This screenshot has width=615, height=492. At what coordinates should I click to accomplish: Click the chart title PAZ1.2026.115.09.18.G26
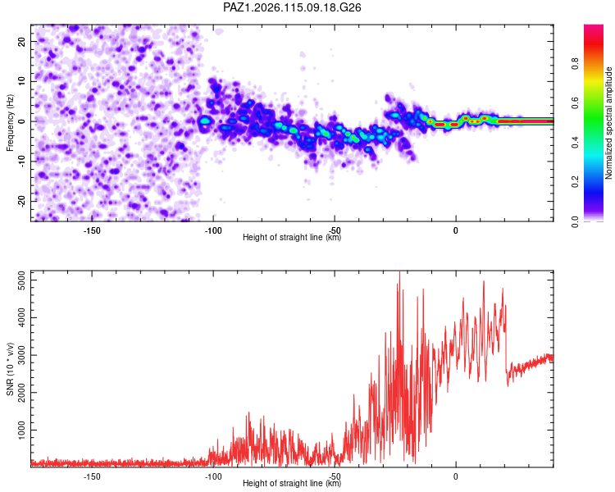coord(292,7)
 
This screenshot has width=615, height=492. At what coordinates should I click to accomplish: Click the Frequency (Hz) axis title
coord(10,123)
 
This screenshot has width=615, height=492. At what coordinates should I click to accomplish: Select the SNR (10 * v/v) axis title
coord(10,369)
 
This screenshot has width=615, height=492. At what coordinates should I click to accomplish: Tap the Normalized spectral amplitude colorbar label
coord(608,123)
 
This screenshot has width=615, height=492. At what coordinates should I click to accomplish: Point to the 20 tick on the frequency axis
coord(21,41)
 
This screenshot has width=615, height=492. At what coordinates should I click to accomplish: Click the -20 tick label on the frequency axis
coord(21,201)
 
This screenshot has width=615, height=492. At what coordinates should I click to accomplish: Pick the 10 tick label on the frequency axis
coord(21,81)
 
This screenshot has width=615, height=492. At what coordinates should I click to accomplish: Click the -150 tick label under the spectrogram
coord(92,230)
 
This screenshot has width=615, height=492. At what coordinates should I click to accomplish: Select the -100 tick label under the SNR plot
coord(213,476)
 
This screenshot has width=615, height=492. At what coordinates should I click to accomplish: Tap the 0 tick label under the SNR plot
coord(455,476)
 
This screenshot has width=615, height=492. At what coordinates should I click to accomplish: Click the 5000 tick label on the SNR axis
coord(21,280)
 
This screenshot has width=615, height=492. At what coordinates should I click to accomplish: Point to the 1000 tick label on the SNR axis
coord(21,430)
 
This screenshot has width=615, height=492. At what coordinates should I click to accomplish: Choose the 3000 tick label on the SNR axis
coord(21,355)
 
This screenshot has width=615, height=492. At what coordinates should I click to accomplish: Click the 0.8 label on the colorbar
coord(575,64)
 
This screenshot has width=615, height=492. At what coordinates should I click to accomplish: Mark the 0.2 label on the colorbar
coord(575,182)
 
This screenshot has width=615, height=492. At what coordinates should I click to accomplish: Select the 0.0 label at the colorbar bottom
coord(575,221)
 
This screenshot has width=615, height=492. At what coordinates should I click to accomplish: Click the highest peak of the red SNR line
coord(399,271)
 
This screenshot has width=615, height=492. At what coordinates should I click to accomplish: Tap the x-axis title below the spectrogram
coord(292,237)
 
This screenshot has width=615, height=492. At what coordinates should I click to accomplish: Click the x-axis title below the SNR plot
coord(292,483)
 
